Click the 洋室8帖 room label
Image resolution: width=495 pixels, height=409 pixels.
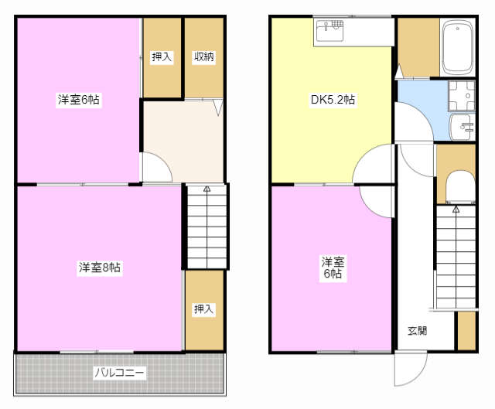click(100, 268)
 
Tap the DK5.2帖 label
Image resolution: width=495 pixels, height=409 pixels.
click(333, 100)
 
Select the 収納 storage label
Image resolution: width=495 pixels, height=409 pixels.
click(204, 56)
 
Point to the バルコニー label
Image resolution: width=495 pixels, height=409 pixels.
click(120, 373)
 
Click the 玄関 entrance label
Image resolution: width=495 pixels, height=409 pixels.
click(418, 331)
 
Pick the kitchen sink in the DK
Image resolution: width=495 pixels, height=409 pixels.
click(329, 31)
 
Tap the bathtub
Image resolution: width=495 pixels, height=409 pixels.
click(457, 47)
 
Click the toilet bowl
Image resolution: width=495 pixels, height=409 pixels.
click(460, 187)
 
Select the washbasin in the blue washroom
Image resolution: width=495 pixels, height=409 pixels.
click(463, 127)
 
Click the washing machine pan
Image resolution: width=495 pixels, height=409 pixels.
click(462, 96)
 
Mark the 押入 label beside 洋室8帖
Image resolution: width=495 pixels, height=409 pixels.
click(204, 309)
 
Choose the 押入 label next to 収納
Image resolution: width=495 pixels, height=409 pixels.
click(162, 56)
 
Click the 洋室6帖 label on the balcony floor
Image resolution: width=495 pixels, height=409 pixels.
click(79, 100)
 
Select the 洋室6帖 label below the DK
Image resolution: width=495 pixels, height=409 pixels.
click(333, 268)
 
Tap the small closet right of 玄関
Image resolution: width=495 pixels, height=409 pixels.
click(466, 331)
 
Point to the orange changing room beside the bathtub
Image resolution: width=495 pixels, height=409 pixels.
click(418, 47)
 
